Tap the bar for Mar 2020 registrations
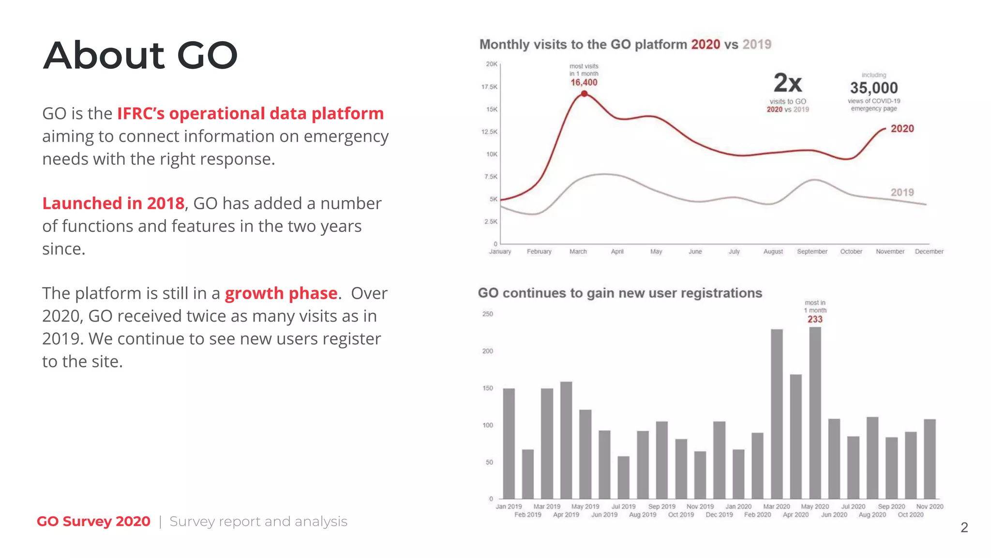pos(777,414)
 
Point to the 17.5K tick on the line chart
pos(489,87)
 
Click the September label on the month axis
pos(812,251)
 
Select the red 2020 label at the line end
pos(902,129)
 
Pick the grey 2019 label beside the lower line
pos(902,192)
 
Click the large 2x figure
pos(787,83)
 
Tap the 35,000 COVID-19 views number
pos(873,88)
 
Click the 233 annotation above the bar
pos(815,319)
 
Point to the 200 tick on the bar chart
pos(487,351)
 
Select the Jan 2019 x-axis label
pos(509,507)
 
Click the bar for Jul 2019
pos(624,477)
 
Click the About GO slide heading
pos(140,55)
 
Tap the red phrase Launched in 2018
pos(113,203)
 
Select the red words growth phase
pos(281,294)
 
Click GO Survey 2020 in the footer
pos(93,522)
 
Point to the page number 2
pos(964,527)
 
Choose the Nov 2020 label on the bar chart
pos(930,507)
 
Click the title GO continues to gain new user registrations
pos(620,293)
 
